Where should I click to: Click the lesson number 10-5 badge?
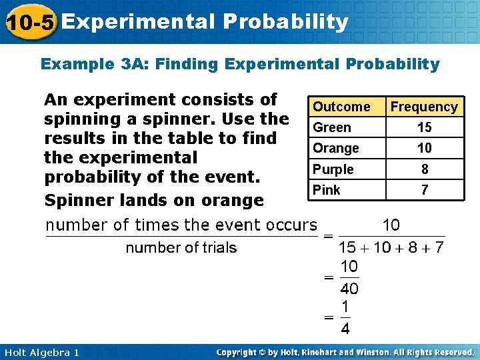[29, 23]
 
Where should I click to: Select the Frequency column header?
[424, 107]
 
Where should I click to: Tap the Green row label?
[332, 127]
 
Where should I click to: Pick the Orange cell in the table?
[336, 148]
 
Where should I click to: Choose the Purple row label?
[333, 169]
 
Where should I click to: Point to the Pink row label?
[327, 190]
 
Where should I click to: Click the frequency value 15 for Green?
[424, 127]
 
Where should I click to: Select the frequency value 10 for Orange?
[424, 148]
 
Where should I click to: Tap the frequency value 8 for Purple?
[424, 169]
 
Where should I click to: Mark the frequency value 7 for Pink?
[424, 190]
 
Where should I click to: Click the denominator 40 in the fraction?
[349, 289]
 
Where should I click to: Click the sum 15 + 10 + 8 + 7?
[391, 248]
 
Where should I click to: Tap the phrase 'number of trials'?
[181, 248]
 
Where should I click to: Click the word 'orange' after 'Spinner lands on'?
[232, 199]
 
